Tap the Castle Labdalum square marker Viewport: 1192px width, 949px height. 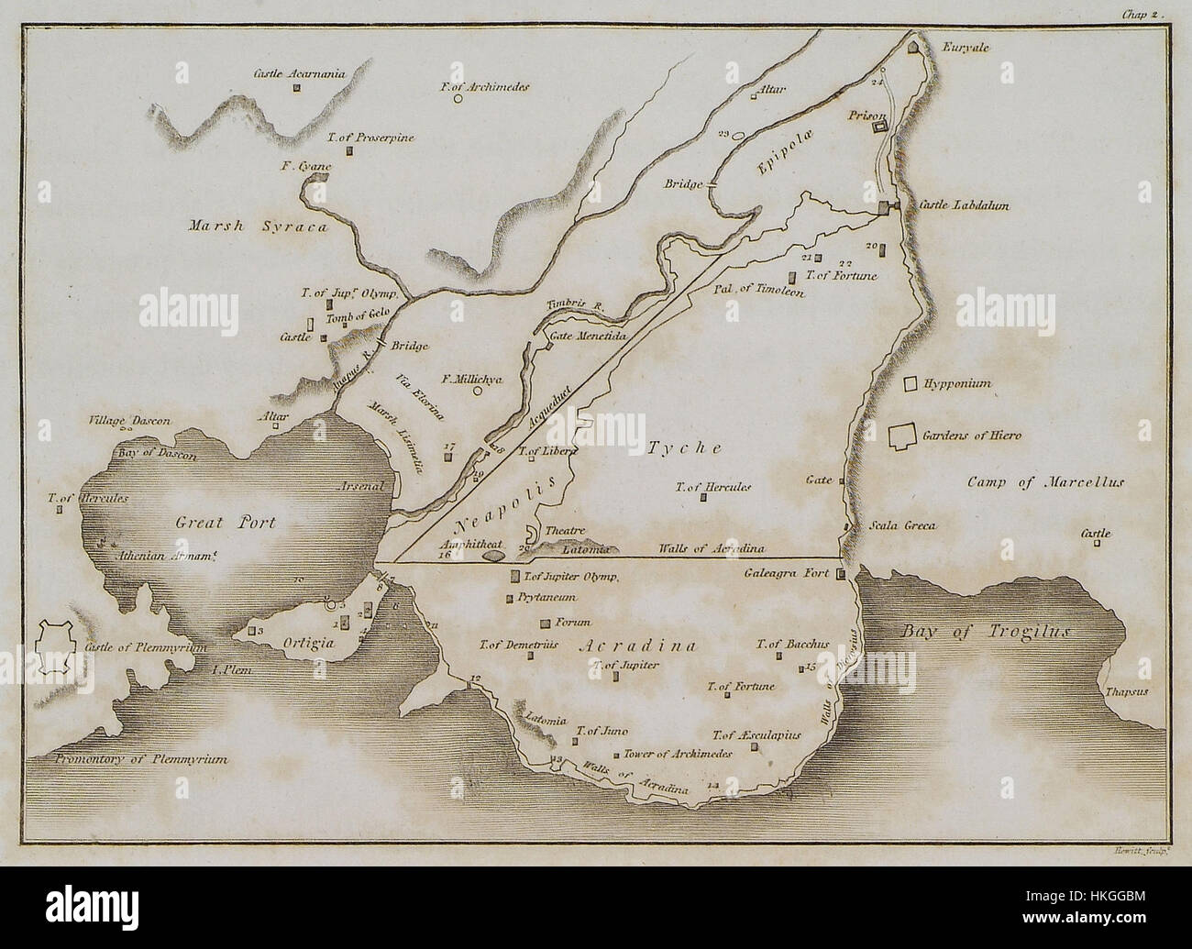[x=884, y=208]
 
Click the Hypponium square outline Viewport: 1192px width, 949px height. [x=911, y=385]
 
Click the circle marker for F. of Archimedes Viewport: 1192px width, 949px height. [x=458, y=100]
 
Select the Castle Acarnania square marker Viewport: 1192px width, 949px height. [x=297, y=88]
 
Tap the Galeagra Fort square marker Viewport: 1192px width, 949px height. [x=840, y=574]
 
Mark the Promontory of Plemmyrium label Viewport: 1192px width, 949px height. [x=140, y=760]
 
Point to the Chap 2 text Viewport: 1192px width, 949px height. [x=1142, y=14]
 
